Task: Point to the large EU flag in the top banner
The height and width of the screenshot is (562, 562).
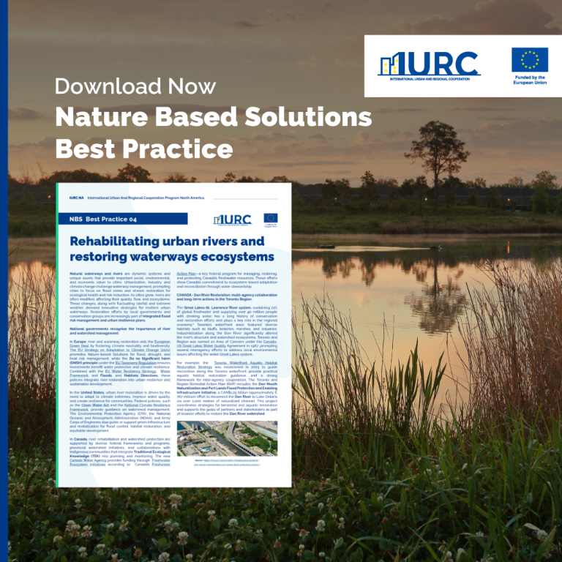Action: (530, 59)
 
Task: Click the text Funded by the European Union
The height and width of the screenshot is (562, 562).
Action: (530, 80)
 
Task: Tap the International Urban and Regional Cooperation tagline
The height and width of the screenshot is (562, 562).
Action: (429, 78)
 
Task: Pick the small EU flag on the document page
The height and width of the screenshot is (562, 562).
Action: (270, 218)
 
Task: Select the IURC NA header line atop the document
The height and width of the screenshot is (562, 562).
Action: (135, 198)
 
